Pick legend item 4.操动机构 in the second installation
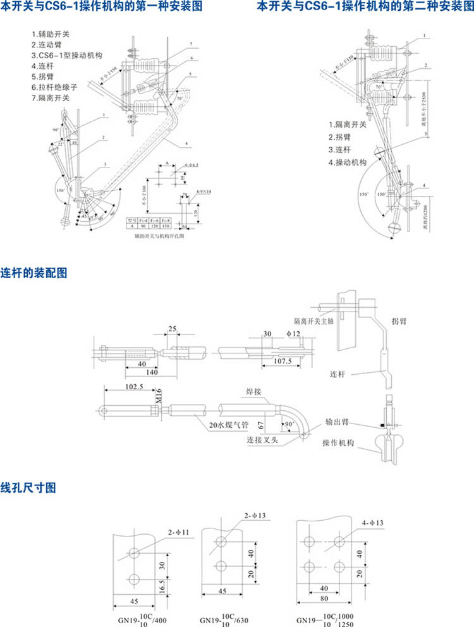347,162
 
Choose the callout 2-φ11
178,533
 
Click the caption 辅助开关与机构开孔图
159,234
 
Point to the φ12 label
293,333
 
